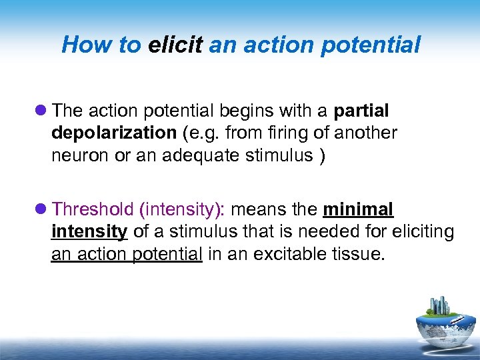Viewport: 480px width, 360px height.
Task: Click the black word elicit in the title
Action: (176, 45)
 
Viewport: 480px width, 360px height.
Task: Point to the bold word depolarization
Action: (113, 133)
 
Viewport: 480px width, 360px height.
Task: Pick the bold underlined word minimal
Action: (358, 209)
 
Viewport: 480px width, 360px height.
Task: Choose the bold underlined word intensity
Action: (89, 232)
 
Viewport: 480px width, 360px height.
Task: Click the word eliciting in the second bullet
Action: (420, 232)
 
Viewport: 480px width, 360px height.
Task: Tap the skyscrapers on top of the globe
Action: (440, 305)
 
